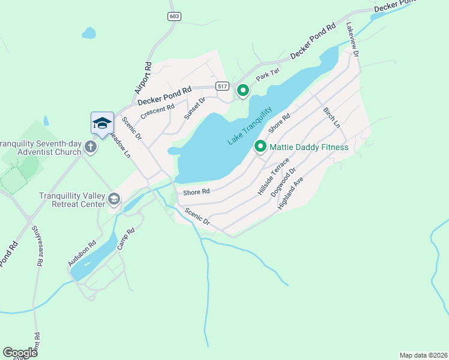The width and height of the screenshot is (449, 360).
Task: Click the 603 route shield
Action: (174, 16)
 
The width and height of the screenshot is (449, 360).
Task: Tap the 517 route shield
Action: (223, 86)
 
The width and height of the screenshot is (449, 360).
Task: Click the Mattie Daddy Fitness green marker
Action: (261, 146)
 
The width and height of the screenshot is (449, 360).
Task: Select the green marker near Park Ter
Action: (243, 91)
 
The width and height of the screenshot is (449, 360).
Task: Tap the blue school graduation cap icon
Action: (102, 123)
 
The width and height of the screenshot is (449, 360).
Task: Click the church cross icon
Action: (91, 146)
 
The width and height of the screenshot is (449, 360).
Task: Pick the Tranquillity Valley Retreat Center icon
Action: (113, 199)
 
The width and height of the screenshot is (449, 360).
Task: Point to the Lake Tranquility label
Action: (250, 125)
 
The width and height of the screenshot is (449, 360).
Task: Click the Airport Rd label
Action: (142, 77)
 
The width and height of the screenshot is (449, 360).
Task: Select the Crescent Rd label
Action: (157, 110)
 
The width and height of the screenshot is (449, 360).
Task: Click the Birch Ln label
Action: (331, 118)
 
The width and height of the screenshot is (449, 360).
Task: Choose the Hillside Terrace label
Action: (273, 177)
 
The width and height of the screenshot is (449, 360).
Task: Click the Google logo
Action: (20, 353)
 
